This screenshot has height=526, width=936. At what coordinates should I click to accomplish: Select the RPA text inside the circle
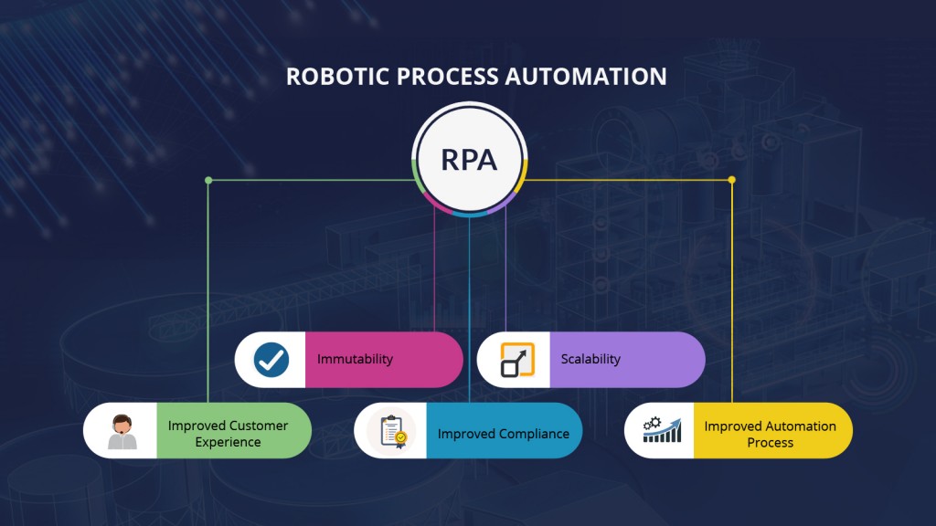[469, 160]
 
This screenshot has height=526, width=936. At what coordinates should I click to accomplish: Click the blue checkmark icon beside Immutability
[271, 359]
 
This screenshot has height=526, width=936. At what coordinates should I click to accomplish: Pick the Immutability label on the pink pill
[355, 359]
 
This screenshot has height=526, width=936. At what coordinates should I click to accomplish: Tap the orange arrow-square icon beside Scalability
[517, 360]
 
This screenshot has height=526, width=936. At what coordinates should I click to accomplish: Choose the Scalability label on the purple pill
[590, 359]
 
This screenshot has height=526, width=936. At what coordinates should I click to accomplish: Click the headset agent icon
[122, 432]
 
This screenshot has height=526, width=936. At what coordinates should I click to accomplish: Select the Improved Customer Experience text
[228, 434]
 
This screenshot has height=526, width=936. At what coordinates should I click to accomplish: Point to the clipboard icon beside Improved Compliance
[392, 430]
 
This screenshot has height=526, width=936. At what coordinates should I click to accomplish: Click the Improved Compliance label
[503, 434]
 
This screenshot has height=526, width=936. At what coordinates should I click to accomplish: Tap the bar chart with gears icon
[662, 430]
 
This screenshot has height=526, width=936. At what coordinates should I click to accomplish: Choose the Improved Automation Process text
[770, 434]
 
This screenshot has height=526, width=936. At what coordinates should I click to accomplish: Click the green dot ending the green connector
[208, 180]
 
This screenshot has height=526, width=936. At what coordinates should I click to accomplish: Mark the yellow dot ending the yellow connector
[731, 180]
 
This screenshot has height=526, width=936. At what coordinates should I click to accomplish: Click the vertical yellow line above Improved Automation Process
[731, 292]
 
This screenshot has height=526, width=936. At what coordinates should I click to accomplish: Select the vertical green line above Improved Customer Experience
[208, 292]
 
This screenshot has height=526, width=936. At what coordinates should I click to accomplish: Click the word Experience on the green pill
[228, 442]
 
